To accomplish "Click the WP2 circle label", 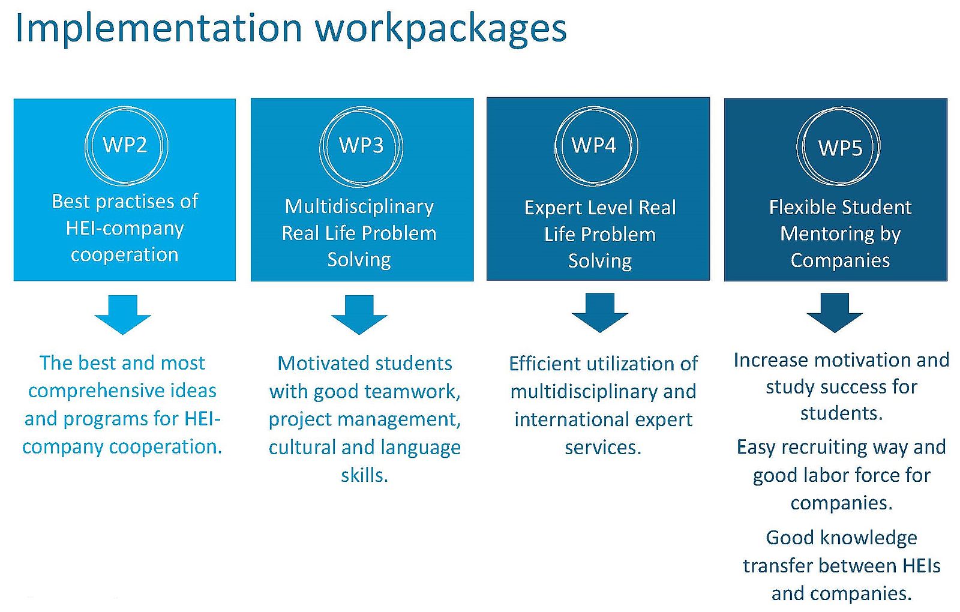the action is tap(125, 145).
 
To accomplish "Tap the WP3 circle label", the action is tap(361, 145).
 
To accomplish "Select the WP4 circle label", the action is tap(594, 145).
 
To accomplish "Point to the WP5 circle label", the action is tap(840, 148).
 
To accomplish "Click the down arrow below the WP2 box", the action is tap(122, 314).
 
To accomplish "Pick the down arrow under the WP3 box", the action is tap(359, 314).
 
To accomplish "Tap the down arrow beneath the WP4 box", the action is tap(599, 313).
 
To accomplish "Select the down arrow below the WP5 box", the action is tap(835, 313).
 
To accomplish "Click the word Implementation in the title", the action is tap(159, 29).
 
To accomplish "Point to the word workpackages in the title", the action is tap(441, 29).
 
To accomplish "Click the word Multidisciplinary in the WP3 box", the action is tap(359, 207).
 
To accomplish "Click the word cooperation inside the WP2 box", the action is tap(124, 255).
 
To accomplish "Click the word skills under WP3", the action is tap(364, 475).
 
